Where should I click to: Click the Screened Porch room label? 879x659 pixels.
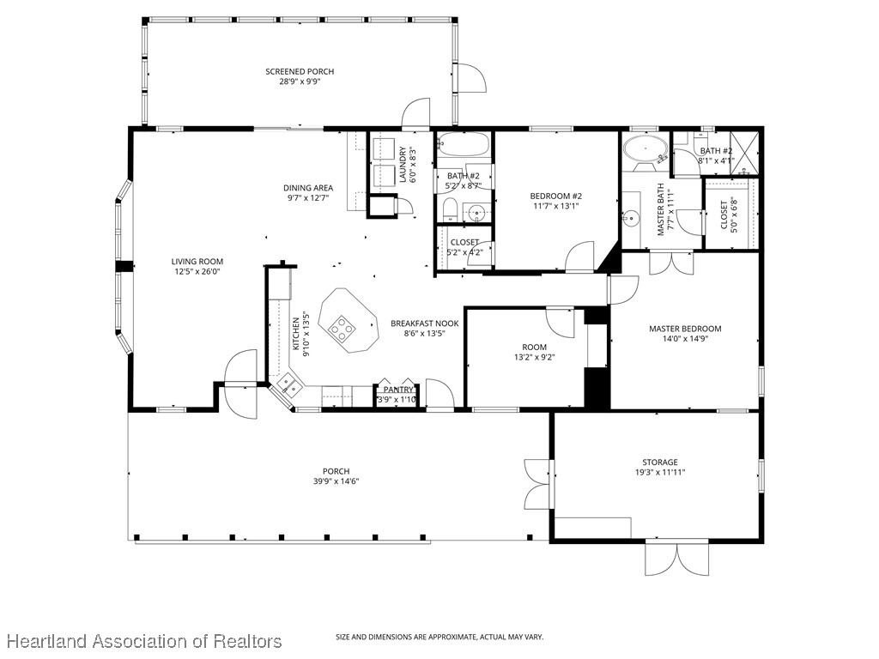(x=300, y=71)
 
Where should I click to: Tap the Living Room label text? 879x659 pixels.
(x=197, y=262)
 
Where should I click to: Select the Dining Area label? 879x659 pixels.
(x=308, y=188)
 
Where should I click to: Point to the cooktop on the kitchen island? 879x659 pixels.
(x=342, y=328)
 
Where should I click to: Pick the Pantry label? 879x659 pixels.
(x=397, y=390)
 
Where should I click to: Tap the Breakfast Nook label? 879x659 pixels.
(x=424, y=323)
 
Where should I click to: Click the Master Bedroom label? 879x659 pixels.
(x=684, y=329)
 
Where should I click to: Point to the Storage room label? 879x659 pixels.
(x=659, y=463)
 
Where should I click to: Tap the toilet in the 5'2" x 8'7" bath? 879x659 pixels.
(x=450, y=209)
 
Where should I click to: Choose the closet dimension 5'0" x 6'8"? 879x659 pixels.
(x=734, y=215)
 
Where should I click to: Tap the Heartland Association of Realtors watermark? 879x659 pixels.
(x=142, y=641)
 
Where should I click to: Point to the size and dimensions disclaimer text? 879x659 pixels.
(x=439, y=637)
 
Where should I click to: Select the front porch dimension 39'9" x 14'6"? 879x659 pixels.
(x=336, y=481)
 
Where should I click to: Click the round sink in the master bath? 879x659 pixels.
(x=632, y=218)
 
